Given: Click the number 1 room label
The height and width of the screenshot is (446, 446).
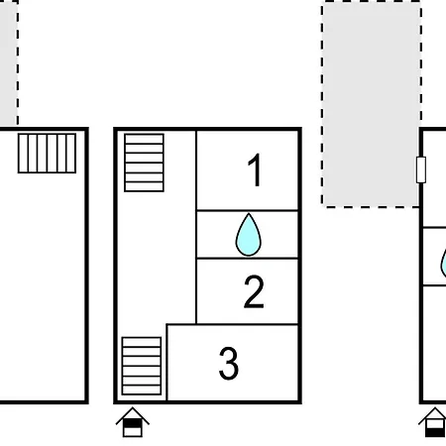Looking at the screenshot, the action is coord(255,170).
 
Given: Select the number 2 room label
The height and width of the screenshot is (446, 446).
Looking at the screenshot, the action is coord(254,291).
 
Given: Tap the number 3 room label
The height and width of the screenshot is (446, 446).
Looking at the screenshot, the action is coord(229,363).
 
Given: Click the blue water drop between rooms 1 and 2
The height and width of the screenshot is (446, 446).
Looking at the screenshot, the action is coord(249,235).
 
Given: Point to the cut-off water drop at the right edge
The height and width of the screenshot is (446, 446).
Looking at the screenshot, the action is coord(444,263).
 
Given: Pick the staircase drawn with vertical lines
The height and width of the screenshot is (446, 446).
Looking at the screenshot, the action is coord(47,154).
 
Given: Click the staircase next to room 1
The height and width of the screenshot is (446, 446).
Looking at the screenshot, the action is coord(144,163).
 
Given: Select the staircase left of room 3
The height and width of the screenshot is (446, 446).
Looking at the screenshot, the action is coord(142,366).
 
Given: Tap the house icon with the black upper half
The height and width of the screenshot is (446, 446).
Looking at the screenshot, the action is coord(133,422).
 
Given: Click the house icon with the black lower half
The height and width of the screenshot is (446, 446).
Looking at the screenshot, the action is coord(434,422).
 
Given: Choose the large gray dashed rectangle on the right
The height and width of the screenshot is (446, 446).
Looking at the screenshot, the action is coord(371,104).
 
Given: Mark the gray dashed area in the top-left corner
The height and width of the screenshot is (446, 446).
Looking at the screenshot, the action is coord(9,62).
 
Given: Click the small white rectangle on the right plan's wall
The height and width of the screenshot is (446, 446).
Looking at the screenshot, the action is coord(421,169).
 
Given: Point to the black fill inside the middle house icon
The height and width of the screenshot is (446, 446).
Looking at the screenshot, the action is coord(133,423).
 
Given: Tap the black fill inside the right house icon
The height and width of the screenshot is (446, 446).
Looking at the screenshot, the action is coord(434,432).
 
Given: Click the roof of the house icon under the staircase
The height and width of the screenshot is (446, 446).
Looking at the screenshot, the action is coord(133,413).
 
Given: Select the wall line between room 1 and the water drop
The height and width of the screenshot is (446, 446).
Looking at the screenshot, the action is coord(247,210).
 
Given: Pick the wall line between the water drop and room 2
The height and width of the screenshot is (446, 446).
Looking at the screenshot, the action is coord(247,258).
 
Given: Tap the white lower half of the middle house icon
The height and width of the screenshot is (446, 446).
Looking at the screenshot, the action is coord(133,431).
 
